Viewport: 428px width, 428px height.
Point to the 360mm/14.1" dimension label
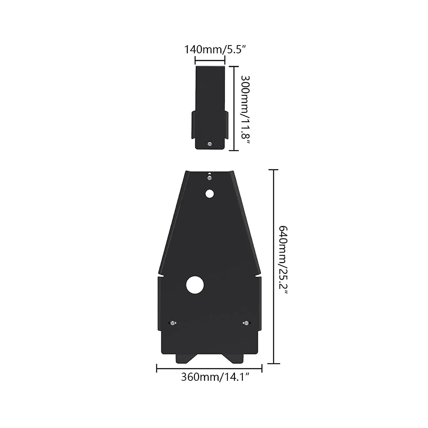point(215,377)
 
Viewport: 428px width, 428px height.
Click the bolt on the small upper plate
point(210,144)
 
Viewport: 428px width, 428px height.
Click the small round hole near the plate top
point(209,194)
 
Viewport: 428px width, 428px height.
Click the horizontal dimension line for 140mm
point(210,61)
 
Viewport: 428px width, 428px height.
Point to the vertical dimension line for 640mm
point(273,266)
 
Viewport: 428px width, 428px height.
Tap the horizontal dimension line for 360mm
point(209,368)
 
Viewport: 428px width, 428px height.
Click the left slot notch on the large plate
point(164,276)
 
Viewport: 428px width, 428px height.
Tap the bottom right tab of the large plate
point(234,358)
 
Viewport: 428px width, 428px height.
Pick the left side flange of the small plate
point(194,124)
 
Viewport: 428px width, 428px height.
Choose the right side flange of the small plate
point(226,124)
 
